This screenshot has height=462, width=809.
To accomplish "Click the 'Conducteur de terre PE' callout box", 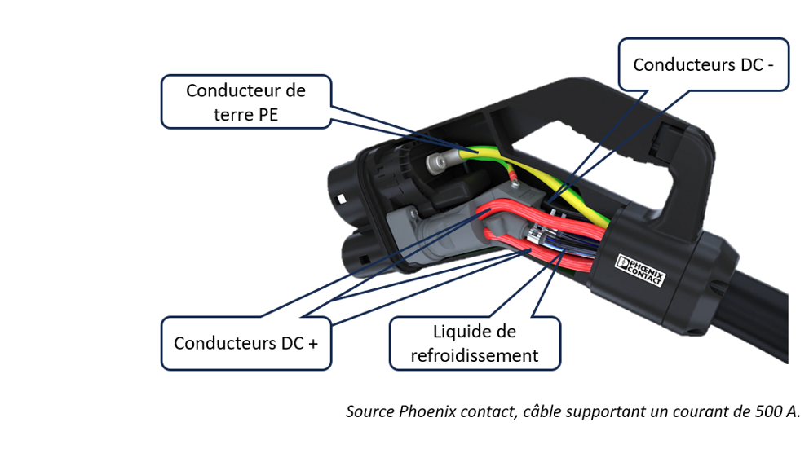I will [x=245, y=102].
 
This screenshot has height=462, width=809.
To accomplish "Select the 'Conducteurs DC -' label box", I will [x=703, y=64].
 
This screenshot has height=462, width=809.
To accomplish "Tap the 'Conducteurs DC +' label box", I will [x=245, y=343].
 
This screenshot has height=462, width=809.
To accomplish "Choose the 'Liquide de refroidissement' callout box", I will [x=474, y=343].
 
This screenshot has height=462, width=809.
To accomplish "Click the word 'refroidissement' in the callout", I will [x=474, y=355].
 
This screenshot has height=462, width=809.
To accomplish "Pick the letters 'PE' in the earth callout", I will [x=267, y=114].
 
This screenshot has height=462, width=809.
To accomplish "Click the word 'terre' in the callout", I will [x=232, y=114].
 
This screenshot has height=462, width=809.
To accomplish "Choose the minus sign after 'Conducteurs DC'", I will [x=769, y=64].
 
